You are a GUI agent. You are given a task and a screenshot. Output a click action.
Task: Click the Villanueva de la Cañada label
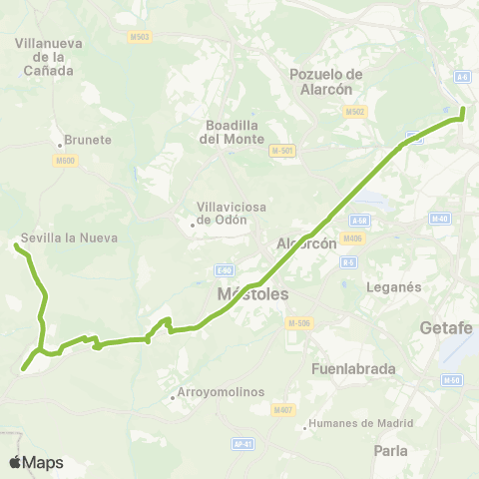[48, 57]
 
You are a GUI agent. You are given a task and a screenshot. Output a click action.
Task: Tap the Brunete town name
[87, 140]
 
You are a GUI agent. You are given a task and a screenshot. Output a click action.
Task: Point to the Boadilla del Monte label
[230, 132]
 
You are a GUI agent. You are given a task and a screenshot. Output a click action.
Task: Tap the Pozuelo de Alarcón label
[326, 81]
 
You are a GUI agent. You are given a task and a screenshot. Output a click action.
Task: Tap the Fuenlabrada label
[353, 368]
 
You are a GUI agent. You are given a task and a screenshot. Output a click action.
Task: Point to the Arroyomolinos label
[218, 392]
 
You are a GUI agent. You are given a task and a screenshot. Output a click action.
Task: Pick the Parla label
[390, 450]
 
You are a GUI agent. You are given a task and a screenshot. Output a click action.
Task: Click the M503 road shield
[141, 37]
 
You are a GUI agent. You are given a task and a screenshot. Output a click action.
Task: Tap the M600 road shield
[66, 160]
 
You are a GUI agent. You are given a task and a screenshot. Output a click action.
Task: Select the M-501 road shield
[281, 151]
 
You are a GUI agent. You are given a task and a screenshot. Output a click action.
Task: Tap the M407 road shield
[283, 409]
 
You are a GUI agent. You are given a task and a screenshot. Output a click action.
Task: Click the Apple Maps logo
[36, 462]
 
